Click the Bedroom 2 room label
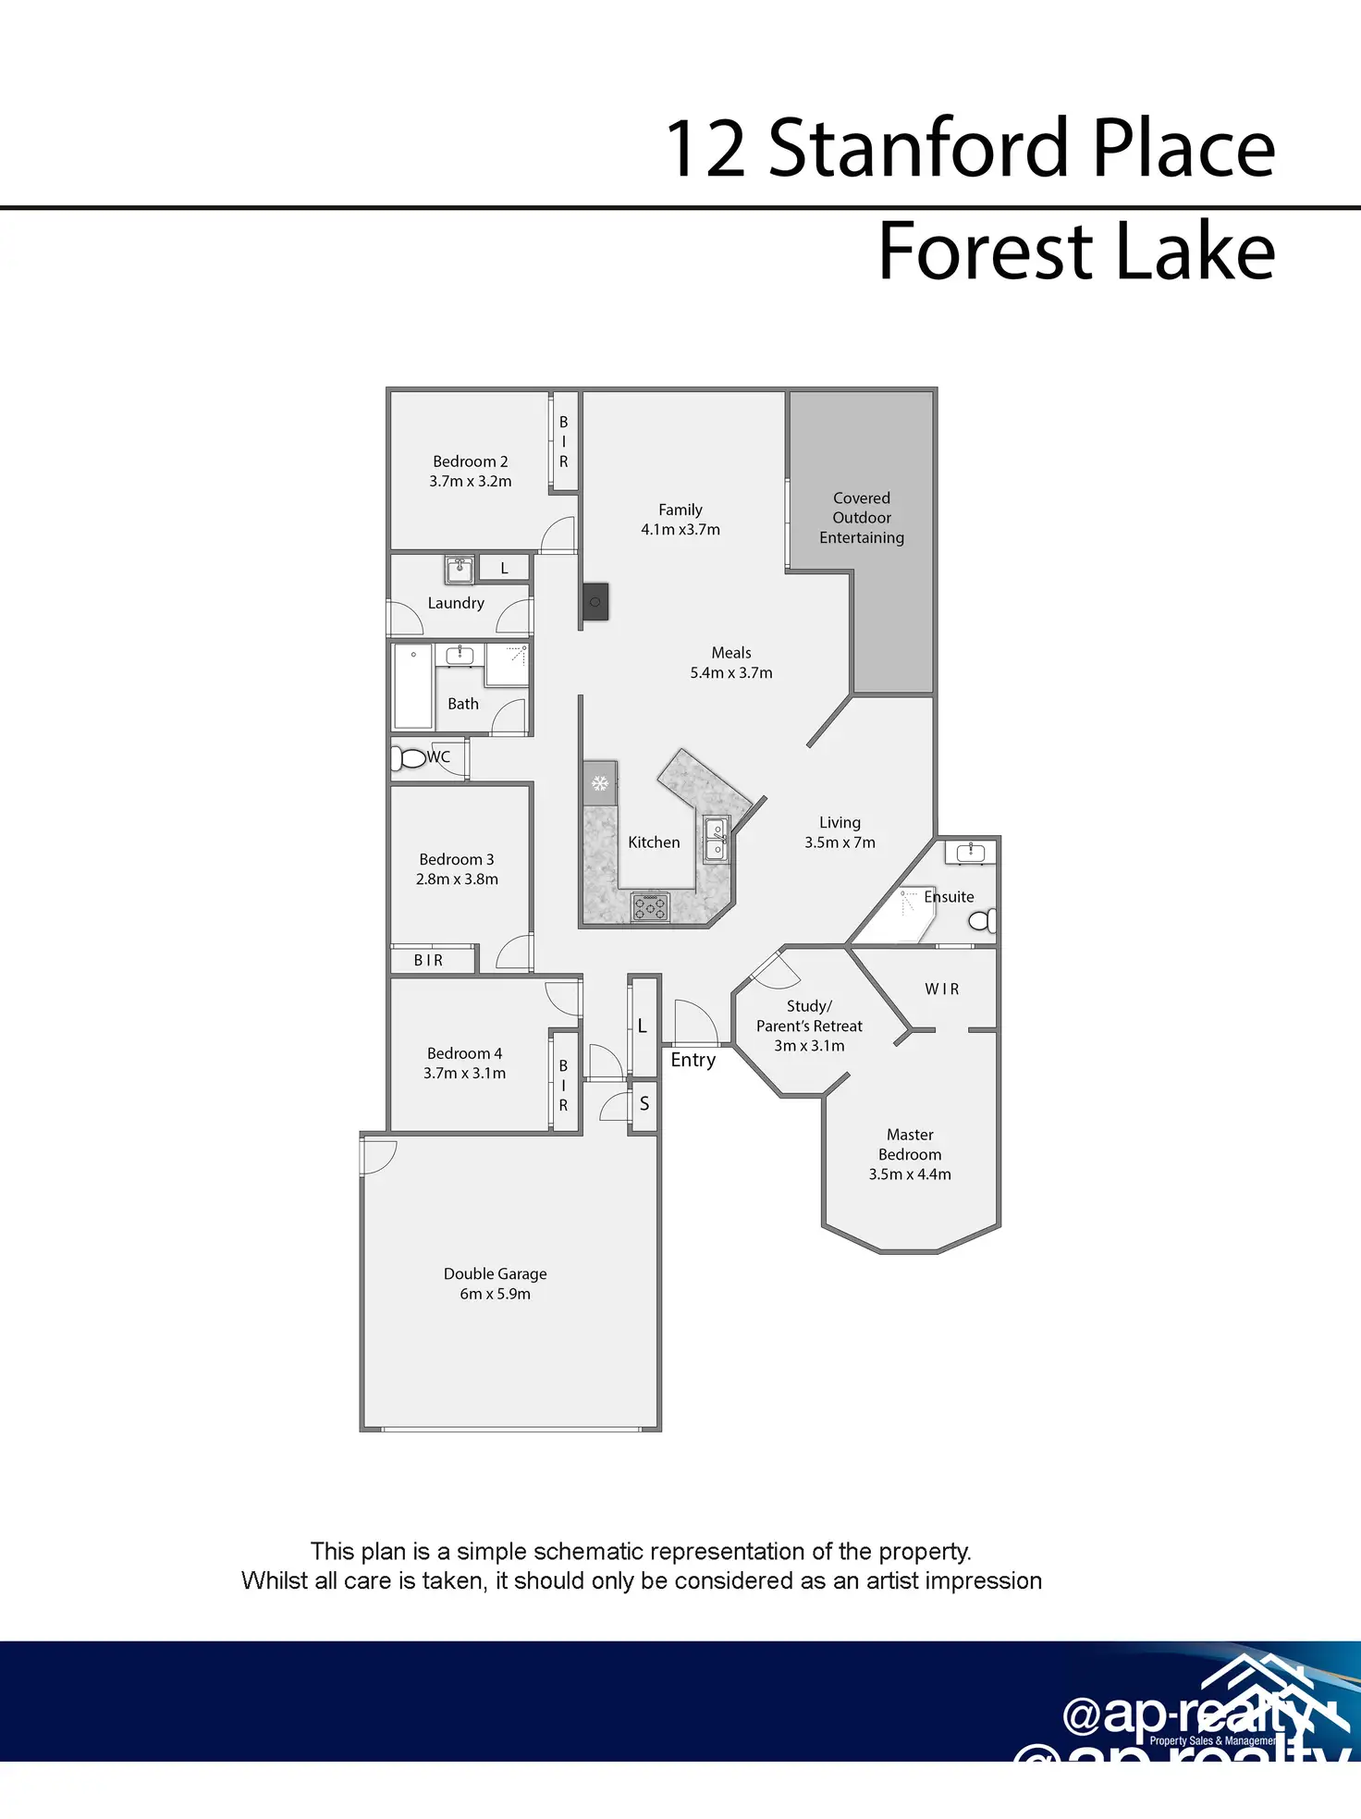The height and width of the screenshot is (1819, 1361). [470, 461]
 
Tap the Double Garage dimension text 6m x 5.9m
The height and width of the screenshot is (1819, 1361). [495, 1294]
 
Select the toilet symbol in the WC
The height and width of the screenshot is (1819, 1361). [408, 758]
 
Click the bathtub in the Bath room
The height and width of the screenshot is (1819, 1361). [413, 687]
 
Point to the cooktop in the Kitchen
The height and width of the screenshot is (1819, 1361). [650, 907]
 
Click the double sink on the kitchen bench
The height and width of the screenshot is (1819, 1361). [717, 839]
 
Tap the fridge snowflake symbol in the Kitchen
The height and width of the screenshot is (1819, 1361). [599, 783]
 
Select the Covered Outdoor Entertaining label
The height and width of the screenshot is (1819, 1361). [861, 518]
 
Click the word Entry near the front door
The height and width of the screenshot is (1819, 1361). [693, 1060]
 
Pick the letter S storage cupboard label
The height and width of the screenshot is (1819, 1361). [644, 1103]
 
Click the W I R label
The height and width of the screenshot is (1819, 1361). [941, 989]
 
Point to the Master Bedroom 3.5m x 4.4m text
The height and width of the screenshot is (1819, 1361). [909, 1174]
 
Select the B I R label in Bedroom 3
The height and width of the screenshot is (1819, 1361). [428, 960]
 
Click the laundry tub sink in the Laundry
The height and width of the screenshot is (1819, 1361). [460, 570]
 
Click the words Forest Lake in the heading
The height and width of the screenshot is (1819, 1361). [1075, 251]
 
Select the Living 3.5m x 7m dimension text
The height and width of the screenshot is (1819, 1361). [840, 842]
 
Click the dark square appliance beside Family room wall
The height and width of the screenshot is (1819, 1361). [595, 602]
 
